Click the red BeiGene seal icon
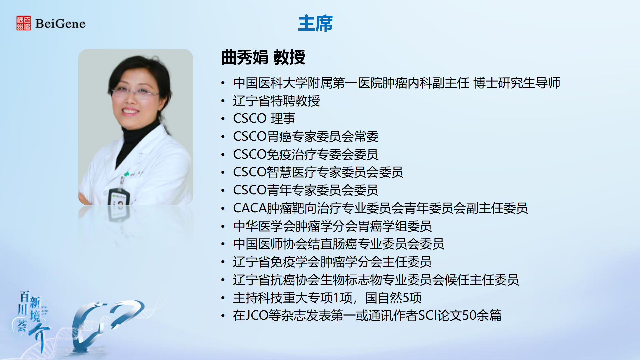24,23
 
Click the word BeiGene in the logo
60,24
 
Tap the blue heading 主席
315,23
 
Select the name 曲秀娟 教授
263,57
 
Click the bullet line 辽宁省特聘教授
276,101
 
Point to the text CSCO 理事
264,118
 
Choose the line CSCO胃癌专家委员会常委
306,136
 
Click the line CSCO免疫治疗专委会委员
306,154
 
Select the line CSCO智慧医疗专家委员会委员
318,172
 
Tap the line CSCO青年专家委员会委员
306,190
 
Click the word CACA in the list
250,208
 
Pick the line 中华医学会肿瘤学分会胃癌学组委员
332,226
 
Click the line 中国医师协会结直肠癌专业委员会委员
339,244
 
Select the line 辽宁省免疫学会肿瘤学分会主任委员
332,262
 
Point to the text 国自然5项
393,298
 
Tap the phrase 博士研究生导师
517,83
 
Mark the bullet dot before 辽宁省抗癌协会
223,280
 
